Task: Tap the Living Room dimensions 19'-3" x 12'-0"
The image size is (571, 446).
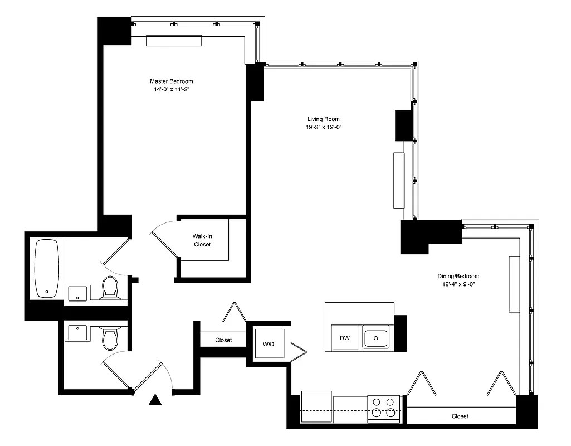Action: tap(323, 127)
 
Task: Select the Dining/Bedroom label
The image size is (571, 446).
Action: tap(458, 276)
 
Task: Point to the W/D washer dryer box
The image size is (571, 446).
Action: tap(269, 345)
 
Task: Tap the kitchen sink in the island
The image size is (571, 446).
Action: tap(376, 338)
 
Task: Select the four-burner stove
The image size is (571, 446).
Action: tap(383, 408)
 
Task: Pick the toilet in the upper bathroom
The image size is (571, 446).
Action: tap(110, 288)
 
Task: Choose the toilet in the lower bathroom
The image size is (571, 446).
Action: tap(110, 338)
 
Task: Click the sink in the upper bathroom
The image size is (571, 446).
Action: tap(78, 293)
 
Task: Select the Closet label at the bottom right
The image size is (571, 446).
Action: tap(460, 416)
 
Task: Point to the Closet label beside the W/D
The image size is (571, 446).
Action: tap(223, 340)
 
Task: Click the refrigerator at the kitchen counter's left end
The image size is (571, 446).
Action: tap(316, 408)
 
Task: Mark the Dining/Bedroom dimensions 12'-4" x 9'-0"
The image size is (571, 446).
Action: tap(458, 284)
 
